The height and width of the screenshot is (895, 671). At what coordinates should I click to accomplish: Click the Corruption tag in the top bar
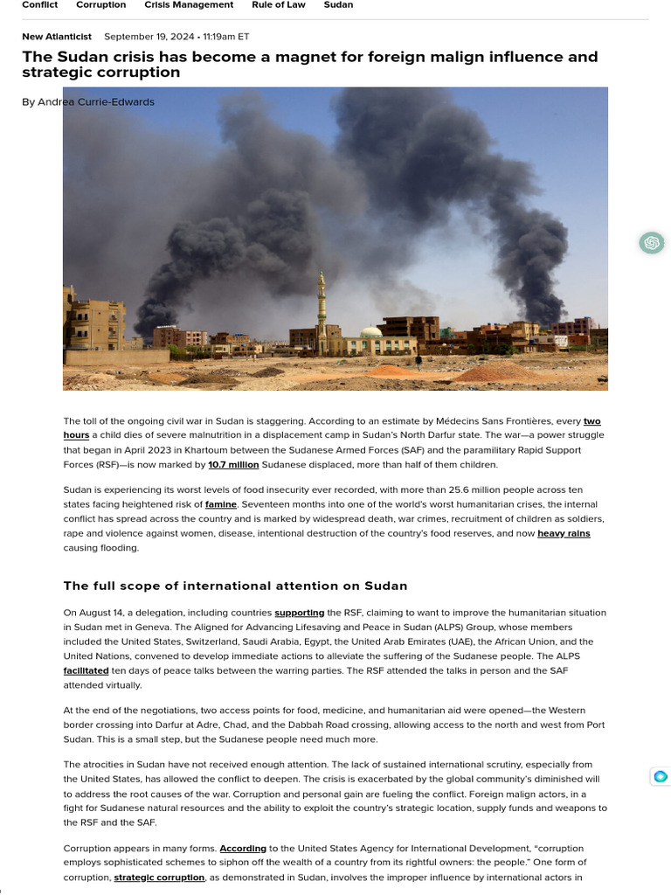pyautogui.click(x=100, y=5)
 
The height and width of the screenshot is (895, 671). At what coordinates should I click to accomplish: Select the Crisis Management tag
pyautogui.click(x=189, y=5)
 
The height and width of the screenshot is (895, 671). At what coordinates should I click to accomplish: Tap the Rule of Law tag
pyautogui.click(x=279, y=5)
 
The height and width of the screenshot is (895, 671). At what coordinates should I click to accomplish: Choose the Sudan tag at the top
pyautogui.click(x=338, y=5)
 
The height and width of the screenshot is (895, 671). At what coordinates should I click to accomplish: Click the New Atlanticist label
pyautogui.click(x=58, y=37)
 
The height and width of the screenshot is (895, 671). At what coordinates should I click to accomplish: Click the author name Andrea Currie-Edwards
pyautogui.click(x=97, y=102)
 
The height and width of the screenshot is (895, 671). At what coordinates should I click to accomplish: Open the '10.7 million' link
pyautogui.click(x=233, y=465)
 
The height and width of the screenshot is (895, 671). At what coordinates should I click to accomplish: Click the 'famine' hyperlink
pyautogui.click(x=221, y=505)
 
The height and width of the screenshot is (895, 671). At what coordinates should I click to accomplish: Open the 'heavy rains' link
pyautogui.click(x=564, y=533)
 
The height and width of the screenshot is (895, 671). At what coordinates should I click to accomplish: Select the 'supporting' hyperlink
pyautogui.click(x=299, y=614)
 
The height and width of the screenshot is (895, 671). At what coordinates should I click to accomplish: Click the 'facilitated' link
pyautogui.click(x=86, y=671)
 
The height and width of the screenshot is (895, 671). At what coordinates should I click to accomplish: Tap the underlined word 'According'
pyautogui.click(x=242, y=849)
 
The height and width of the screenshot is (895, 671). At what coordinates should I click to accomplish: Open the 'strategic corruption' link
pyautogui.click(x=159, y=878)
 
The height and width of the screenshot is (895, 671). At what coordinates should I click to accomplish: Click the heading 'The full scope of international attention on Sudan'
pyautogui.click(x=235, y=586)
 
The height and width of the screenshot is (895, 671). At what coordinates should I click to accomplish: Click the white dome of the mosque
pyautogui.click(x=371, y=332)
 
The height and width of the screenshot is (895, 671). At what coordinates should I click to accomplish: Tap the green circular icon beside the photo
pyautogui.click(x=651, y=243)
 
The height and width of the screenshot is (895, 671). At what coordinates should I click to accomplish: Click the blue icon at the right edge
pyautogui.click(x=661, y=776)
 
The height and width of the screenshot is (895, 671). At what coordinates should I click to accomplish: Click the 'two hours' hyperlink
pyautogui.click(x=592, y=421)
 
